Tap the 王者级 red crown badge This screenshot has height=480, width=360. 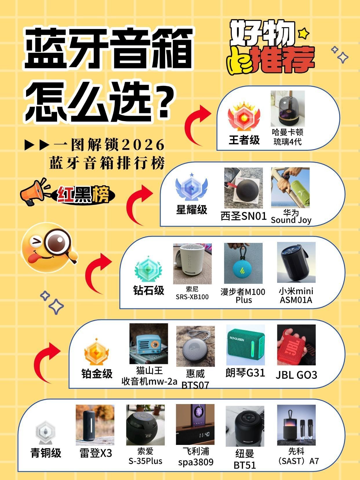[244, 117]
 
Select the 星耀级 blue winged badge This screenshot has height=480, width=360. [192, 187]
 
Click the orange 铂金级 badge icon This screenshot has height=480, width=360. [97, 352]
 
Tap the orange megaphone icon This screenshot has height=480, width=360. [35, 192]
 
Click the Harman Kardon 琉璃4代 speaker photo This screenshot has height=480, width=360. [288, 108]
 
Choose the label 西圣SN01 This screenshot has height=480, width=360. [243, 216]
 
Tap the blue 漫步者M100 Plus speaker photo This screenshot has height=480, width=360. [243, 263]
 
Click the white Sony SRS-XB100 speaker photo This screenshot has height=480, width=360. [192, 264]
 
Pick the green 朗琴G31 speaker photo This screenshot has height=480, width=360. [246, 345]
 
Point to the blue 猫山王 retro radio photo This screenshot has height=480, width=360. [149, 343]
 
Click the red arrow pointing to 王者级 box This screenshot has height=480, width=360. [197, 125]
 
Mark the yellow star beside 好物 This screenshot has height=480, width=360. [303, 33]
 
